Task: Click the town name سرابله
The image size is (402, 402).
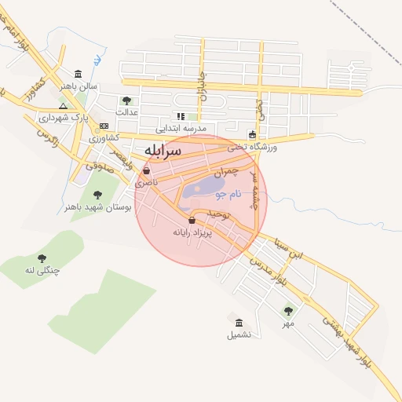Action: click(x=163, y=149)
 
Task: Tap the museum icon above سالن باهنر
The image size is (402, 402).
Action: click(x=77, y=74)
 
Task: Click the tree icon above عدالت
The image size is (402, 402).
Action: click(x=126, y=100)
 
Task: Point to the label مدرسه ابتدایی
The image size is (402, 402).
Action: click(x=180, y=128)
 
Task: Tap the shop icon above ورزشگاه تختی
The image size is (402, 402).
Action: click(x=251, y=134)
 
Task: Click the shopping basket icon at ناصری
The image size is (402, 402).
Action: click(x=146, y=170)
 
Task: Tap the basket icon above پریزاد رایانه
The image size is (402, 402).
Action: click(x=192, y=221)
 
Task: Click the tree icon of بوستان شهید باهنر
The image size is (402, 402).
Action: click(x=97, y=195)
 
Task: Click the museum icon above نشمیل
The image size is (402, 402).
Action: click(x=239, y=322)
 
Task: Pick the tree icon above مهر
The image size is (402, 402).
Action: click(x=288, y=311)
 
